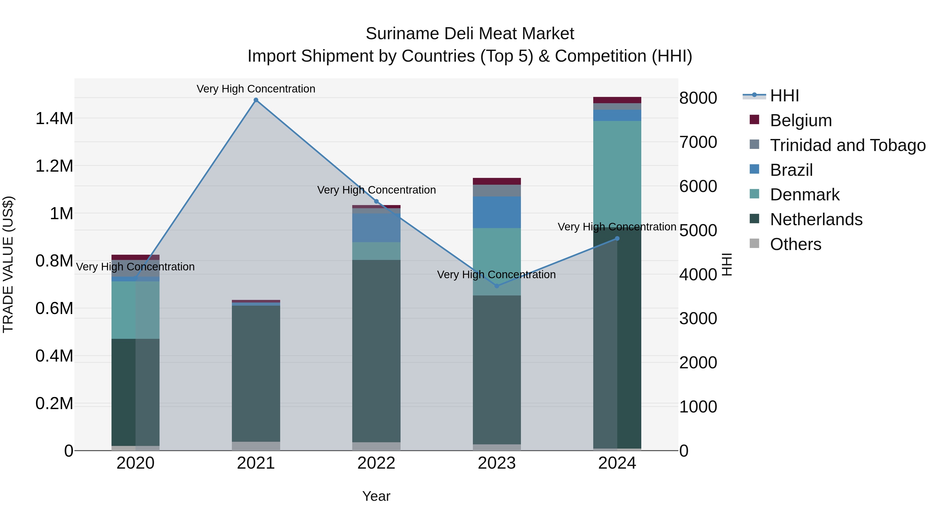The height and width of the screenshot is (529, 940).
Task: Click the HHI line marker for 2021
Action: (x=256, y=100)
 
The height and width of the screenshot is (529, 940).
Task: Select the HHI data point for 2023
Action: (x=497, y=286)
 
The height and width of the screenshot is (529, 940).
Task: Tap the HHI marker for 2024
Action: (x=617, y=239)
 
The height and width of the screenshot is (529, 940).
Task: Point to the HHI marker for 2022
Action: (x=377, y=201)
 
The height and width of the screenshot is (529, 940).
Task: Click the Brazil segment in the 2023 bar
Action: (x=497, y=212)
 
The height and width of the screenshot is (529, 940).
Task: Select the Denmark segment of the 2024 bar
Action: (x=617, y=172)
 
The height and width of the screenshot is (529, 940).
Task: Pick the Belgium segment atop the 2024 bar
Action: (x=617, y=100)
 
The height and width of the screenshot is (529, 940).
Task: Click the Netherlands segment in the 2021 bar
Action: (x=256, y=372)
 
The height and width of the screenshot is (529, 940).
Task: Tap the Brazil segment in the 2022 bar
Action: (x=376, y=228)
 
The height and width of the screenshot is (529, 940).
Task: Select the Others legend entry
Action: (x=796, y=244)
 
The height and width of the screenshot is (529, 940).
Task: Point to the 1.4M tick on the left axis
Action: (x=54, y=119)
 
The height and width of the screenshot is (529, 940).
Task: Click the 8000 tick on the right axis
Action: (x=698, y=98)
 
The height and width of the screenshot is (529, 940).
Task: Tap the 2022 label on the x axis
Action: (x=376, y=463)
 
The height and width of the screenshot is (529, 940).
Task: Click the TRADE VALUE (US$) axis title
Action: (x=8, y=264)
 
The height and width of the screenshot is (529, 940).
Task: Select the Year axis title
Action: (x=376, y=496)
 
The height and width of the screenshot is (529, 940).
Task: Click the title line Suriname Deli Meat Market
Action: (x=470, y=34)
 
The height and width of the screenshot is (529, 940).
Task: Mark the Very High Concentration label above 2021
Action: (x=256, y=89)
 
